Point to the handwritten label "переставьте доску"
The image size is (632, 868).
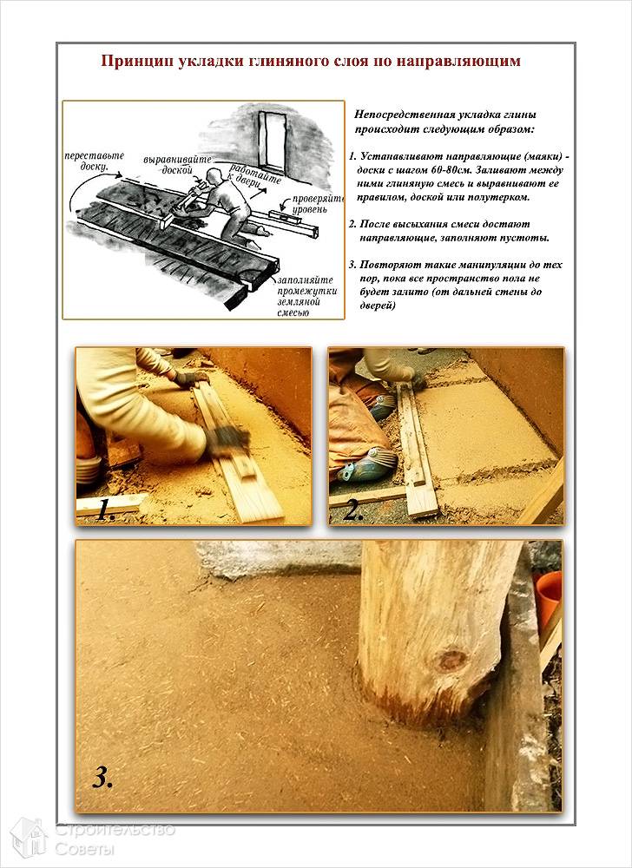click(94, 161)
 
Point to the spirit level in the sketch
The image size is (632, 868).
click(289, 220)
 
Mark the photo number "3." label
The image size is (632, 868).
click(103, 778)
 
